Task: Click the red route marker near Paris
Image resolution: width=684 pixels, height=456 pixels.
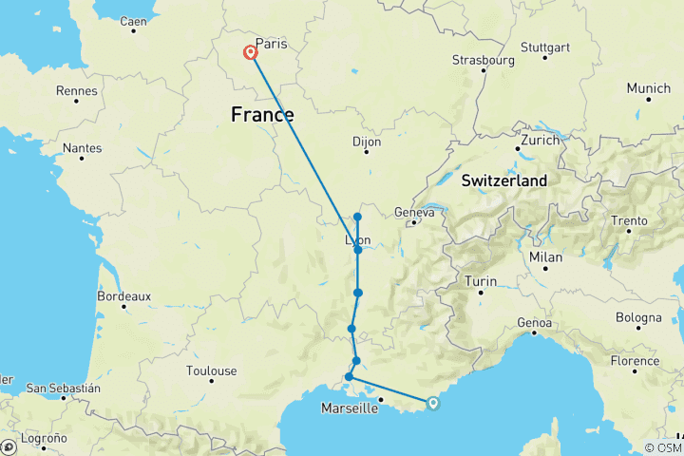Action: (x=251, y=53)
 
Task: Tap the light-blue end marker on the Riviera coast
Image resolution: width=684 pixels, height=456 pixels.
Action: (x=433, y=403)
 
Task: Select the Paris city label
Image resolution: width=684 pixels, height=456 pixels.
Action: (x=271, y=44)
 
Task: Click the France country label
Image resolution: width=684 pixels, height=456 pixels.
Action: (x=262, y=115)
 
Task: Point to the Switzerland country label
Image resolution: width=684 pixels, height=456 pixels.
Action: (x=503, y=180)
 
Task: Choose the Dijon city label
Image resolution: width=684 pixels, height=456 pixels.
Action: (x=367, y=142)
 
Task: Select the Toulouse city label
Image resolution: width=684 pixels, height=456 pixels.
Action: (x=212, y=370)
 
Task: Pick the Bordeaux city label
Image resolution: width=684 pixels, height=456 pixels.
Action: (x=124, y=296)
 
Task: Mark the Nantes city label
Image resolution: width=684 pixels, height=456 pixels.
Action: (x=83, y=148)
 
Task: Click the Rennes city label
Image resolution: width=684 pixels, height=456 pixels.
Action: (x=77, y=91)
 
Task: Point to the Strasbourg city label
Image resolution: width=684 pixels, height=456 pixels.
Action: (x=483, y=60)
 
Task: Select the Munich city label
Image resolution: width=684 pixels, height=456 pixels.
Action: (x=648, y=88)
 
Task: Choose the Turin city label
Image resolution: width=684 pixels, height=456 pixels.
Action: (x=481, y=281)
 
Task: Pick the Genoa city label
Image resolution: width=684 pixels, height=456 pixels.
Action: (x=535, y=324)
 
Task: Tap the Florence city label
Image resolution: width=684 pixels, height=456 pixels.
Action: (x=635, y=361)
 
